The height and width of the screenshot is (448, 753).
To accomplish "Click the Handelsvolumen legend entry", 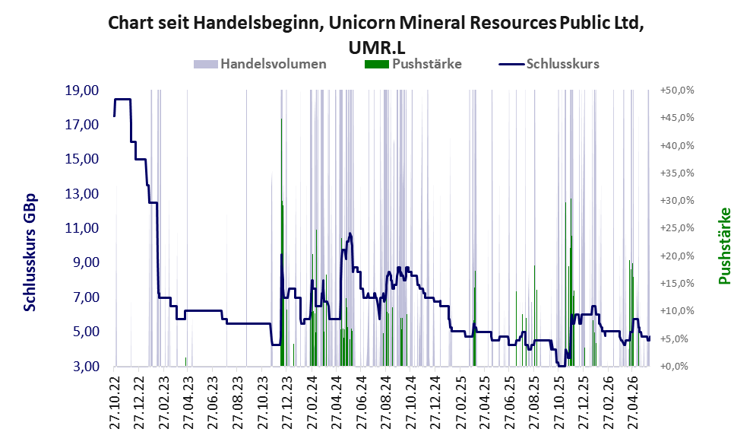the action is pyautogui.click(x=260, y=64).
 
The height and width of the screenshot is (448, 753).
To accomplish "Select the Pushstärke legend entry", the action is pyautogui.click(x=413, y=64).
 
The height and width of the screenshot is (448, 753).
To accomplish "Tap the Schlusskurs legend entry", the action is pyautogui.click(x=549, y=64).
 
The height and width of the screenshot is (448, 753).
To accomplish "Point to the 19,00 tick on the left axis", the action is pyautogui.click(x=82, y=91).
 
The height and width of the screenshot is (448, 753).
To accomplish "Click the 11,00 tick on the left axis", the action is pyautogui.click(x=82, y=228).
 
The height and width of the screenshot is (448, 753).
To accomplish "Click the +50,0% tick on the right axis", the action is pyautogui.click(x=677, y=91).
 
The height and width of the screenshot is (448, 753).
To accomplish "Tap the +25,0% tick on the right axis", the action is pyautogui.click(x=677, y=228).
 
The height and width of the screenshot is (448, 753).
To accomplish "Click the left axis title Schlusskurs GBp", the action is pyautogui.click(x=30, y=253).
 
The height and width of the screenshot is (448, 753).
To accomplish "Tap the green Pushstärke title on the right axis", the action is pyautogui.click(x=724, y=246).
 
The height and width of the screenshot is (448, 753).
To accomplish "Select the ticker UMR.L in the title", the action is pyautogui.click(x=377, y=47).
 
